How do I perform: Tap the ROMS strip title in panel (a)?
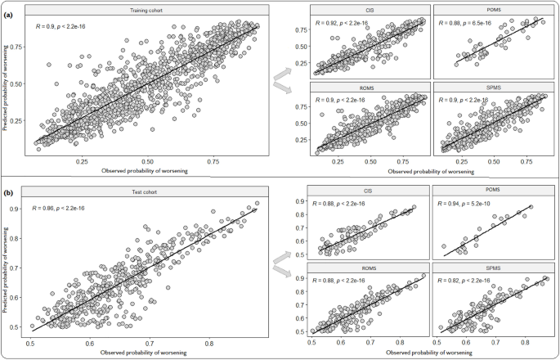(x=370, y=84)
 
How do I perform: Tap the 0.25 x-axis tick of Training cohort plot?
(x=83, y=163)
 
